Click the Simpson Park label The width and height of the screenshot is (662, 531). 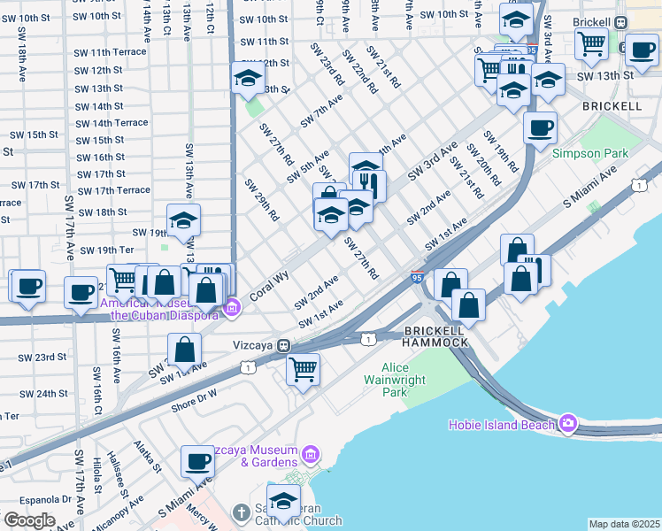[x=589, y=153]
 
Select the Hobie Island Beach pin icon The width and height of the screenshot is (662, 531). [x=566, y=424]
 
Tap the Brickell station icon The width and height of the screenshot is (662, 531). [x=621, y=22]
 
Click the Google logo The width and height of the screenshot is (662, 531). [x=28, y=521]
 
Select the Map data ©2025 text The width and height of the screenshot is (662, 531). [x=624, y=524]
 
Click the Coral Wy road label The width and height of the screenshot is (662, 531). [x=269, y=288]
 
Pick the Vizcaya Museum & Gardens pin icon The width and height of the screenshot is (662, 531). [x=310, y=455]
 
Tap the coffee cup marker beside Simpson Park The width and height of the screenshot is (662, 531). [x=540, y=128]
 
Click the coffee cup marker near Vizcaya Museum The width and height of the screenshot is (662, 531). [x=197, y=461]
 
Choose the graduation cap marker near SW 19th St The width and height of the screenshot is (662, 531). [x=183, y=220]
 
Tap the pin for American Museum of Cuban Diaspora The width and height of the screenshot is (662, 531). [x=232, y=308]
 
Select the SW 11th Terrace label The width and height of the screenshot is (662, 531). [x=111, y=52]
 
